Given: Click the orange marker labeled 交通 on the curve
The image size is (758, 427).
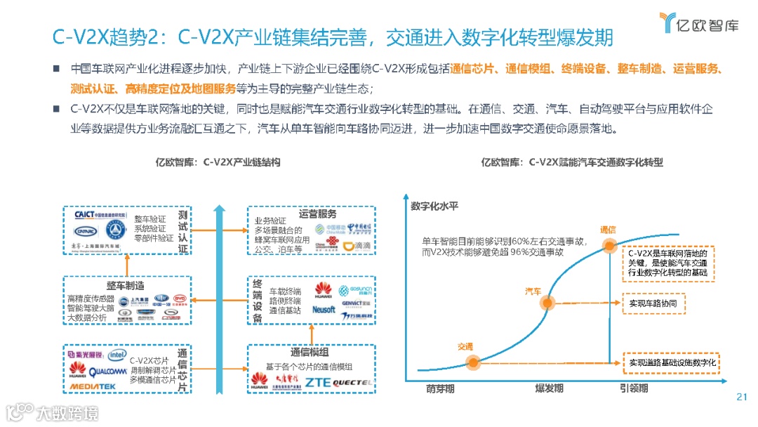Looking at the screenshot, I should [x=472, y=362].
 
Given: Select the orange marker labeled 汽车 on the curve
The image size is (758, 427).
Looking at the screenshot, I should [x=547, y=303].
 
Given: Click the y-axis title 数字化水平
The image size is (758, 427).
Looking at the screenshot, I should [x=434, y=206].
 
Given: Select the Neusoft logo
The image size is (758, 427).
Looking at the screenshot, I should [x=324, y=309].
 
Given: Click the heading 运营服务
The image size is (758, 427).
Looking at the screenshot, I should [x=317, y=213].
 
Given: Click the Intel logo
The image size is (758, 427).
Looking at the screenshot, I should [x=117, y=355].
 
